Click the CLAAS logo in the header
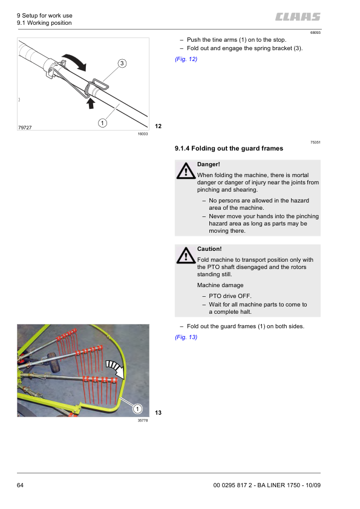(x=298, y=17)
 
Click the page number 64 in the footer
(x=21, y=485)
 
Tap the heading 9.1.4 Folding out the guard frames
(x=229, y=148)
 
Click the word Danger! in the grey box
(x=209, y=164)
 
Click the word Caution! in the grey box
(x=209, y=248)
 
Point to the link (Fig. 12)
(x=186, y=59)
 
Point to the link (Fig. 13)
(x=186, y=337)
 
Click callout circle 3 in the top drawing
(x=122, y=63)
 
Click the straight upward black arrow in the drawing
(x=90, y=103)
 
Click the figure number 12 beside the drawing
(x=159, y=126)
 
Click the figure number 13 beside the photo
(x=159, y=413)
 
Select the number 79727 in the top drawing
(x=26, y=128)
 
